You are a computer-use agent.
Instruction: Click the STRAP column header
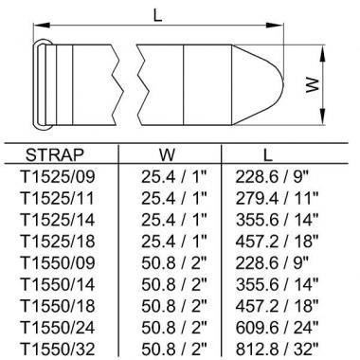pyautogui.click(x=55, y=154)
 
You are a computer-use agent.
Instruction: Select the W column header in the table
pyautogui.click(x=167, y=154)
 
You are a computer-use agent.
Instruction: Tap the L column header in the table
pyautogui.click(x=267, y=154)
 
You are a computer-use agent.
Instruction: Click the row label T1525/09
pyautogui.click(x=58, y=177)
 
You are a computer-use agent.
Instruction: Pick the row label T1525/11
pyautogui.click(x=58, y=198)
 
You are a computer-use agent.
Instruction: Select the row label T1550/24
pyautogui.click(x=58, y=327)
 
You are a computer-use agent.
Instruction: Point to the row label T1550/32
pyautogui.click(x=58, y=349)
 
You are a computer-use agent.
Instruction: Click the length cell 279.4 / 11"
pyautogui.click(x=277, y=198)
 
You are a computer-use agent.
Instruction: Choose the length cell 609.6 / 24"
pyautogui.click(x=277, y=327)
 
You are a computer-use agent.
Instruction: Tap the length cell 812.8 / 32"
pyautogui.click(x=277, y=349)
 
